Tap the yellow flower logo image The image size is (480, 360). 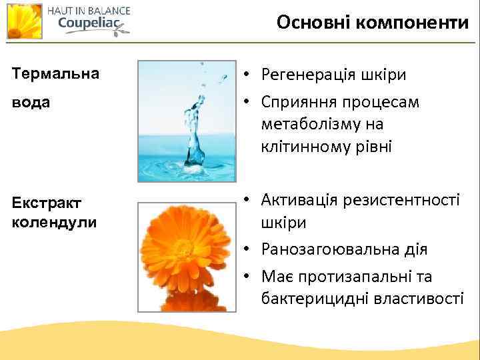pyautogui.click(x=24, y=21)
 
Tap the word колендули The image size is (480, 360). pyautogui.click(x=54, y=221)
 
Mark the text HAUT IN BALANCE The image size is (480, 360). pyautogui.click(x=89, y=10)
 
